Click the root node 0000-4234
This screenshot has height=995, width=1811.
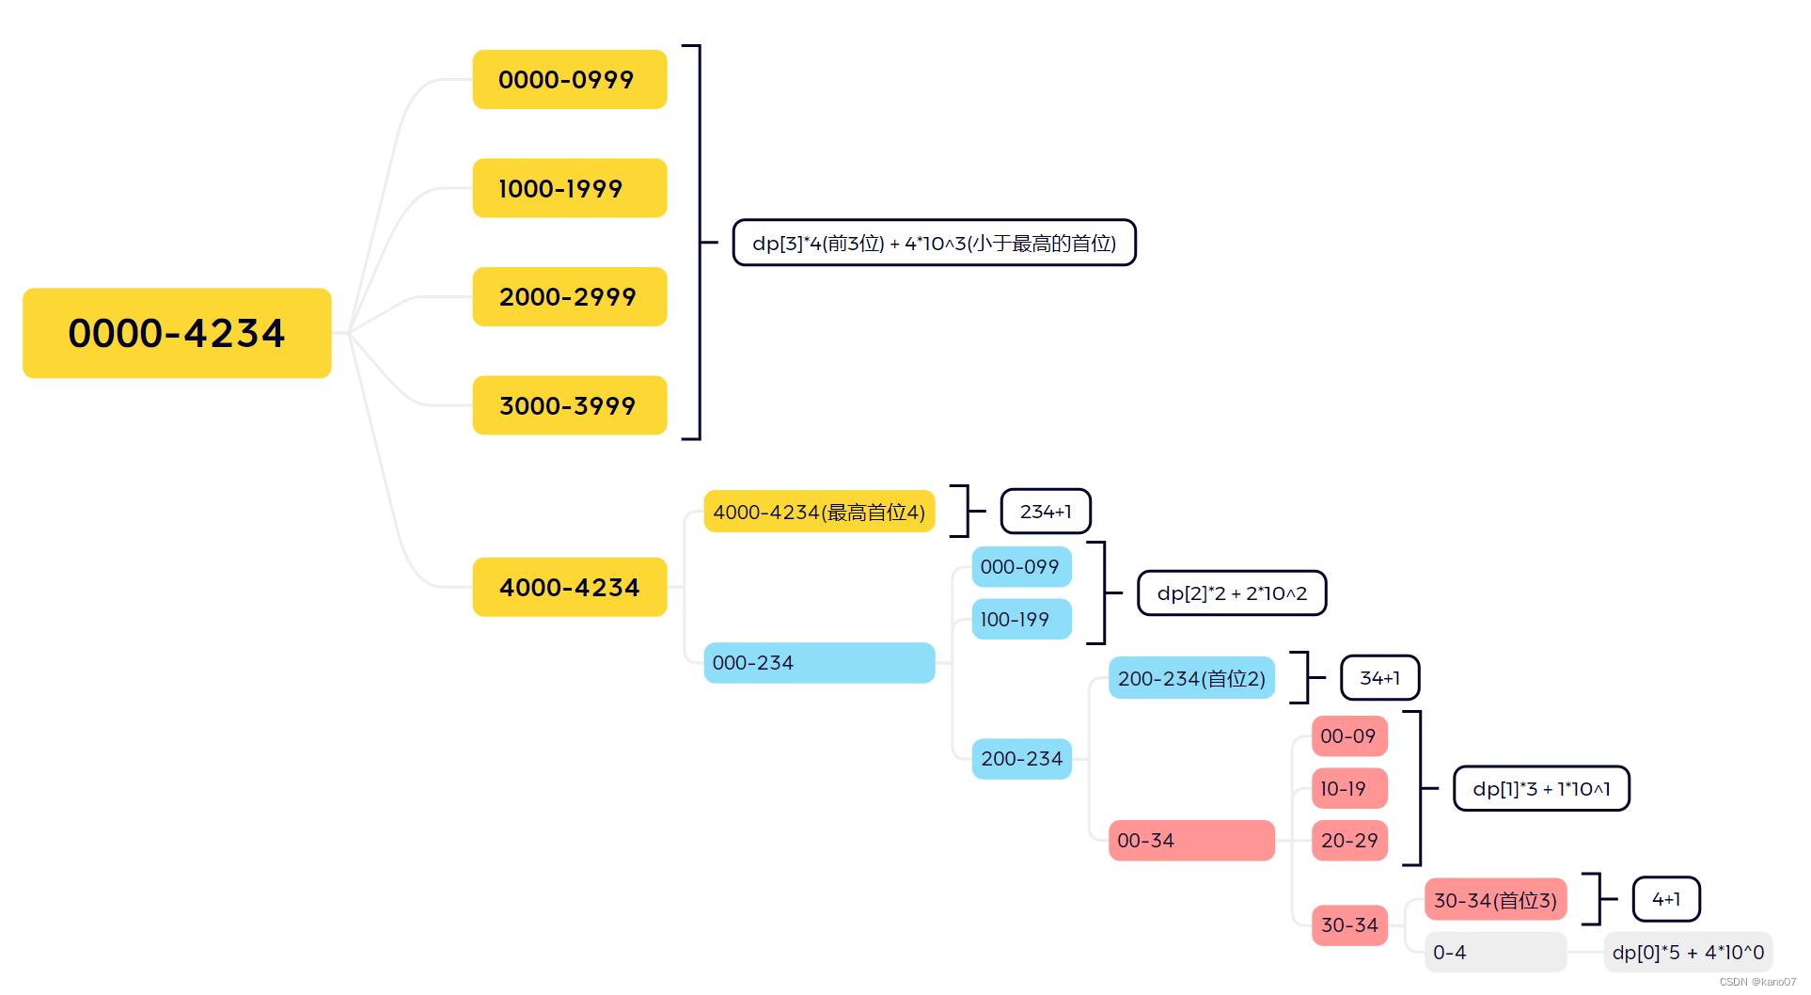coord(177,333)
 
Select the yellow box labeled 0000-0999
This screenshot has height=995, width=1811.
coord(569,80)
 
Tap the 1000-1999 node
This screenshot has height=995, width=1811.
coord(569,188)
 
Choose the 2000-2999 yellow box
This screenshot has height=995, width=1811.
coord(569,297)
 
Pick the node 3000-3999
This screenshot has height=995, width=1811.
coord(569,405)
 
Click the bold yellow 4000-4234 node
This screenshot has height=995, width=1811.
coord(569,587)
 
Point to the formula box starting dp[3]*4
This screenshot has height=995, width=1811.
coord(934,243)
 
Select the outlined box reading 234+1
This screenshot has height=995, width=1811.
coord(1045,512)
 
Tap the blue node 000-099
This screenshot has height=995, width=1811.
coord(1020,567)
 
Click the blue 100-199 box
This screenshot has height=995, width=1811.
coord(1020,619)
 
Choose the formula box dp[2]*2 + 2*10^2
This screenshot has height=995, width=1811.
coord(1231,593)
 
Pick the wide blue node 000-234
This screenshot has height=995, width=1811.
coord(818,663)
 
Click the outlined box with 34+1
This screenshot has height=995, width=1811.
coord(1379,678)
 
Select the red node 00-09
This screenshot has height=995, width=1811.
coord(1348,735)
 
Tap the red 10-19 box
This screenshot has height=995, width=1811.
coord(1348,788)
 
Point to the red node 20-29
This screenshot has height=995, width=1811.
coord(1348,841)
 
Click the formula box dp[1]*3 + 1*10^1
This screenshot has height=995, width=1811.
coord(1540,788)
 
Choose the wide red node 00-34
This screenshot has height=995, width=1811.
coord(1190,841)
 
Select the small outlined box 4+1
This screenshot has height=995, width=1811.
coord(1665,899)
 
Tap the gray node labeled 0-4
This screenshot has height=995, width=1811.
coord(1494,953)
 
